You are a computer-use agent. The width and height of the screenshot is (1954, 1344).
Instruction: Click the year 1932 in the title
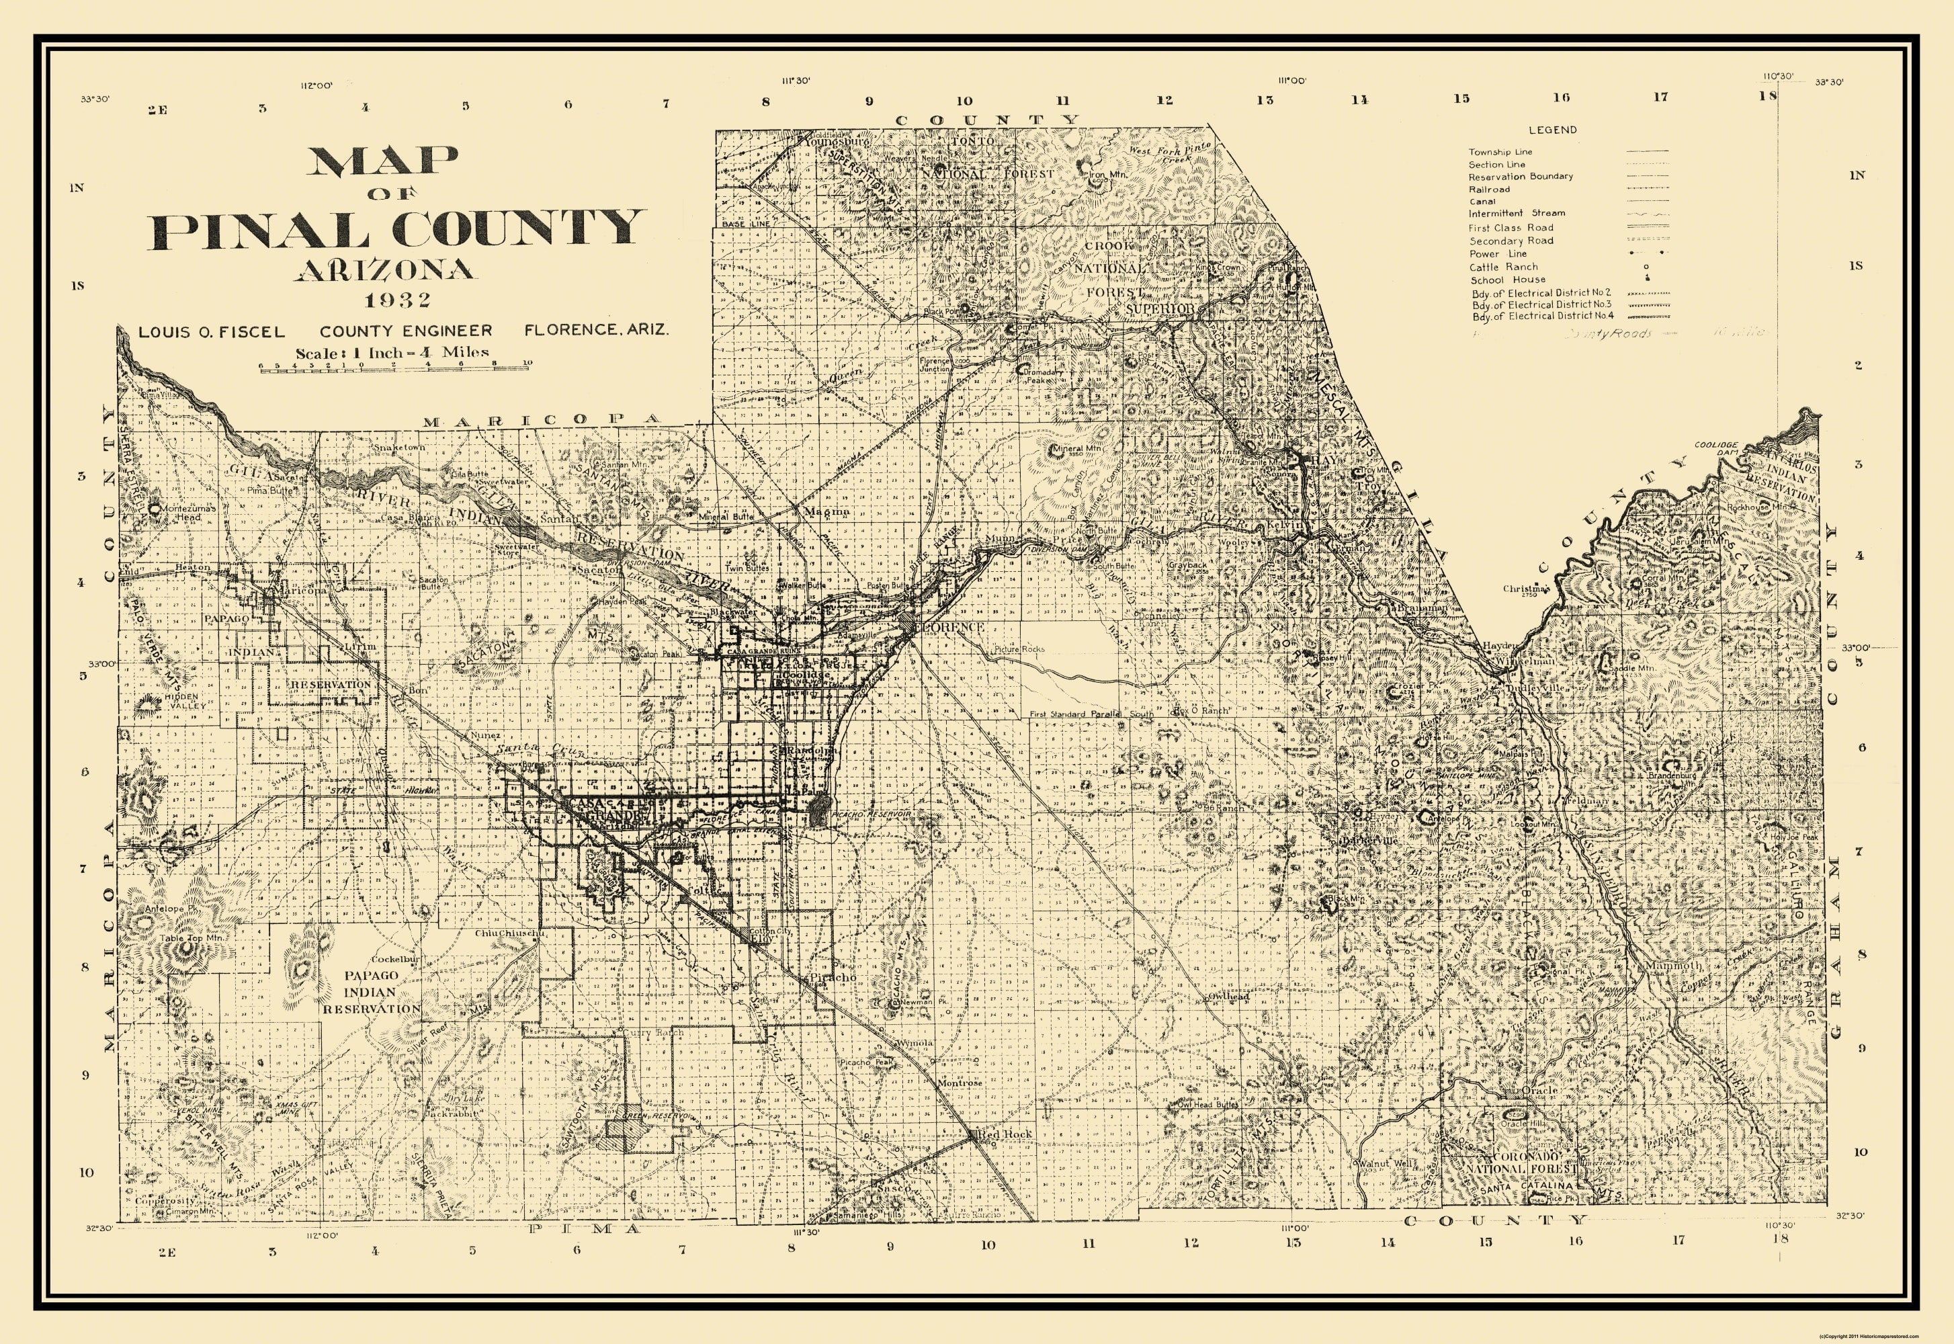(x=398, y=300)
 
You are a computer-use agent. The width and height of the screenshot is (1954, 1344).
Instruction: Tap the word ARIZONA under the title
(x=385, y=269)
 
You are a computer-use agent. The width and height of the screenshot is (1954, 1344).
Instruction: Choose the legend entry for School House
(x=1508, y=280)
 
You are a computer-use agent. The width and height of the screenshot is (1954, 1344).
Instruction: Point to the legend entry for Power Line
(x=1498, y=253)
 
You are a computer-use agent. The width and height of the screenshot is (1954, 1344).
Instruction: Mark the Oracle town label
(x=1541, y=1091)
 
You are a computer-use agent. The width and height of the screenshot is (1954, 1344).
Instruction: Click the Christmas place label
(x=1525, y=589)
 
